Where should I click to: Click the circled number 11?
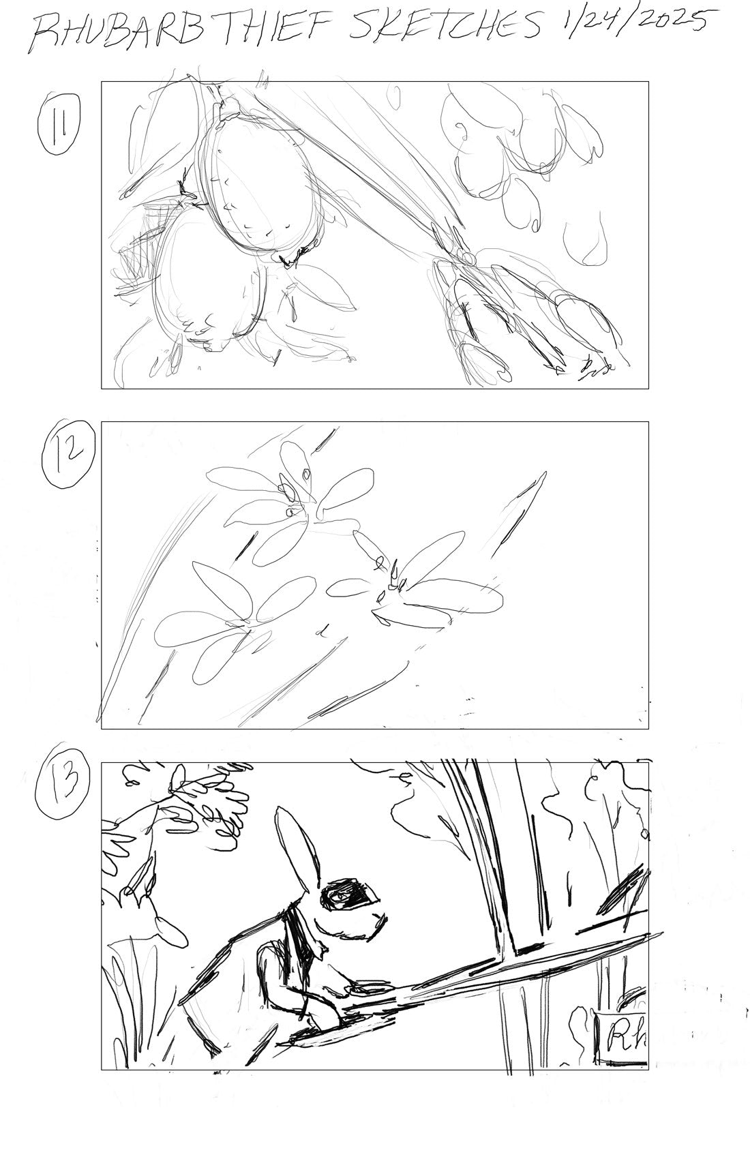click(59, 124)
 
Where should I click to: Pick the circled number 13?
click(63, 790)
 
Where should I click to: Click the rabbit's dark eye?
click(346, 894)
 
